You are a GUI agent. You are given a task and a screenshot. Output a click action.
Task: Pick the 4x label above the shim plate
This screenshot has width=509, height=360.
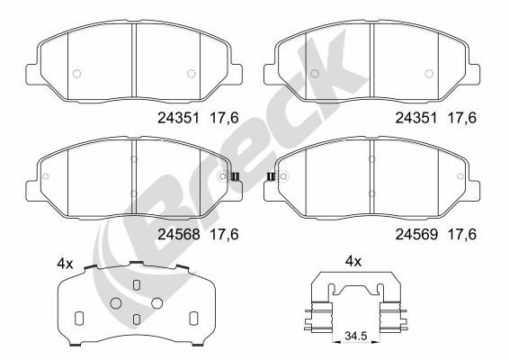point(64,264)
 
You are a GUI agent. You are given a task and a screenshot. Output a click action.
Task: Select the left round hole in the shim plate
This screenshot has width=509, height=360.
point(114,302)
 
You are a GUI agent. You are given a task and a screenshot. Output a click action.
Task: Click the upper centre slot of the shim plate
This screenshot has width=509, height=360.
point(135,285)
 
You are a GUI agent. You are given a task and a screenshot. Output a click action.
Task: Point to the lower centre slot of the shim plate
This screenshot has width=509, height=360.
point(135,319)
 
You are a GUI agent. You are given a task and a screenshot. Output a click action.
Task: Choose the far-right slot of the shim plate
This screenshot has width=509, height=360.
point(192,317)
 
